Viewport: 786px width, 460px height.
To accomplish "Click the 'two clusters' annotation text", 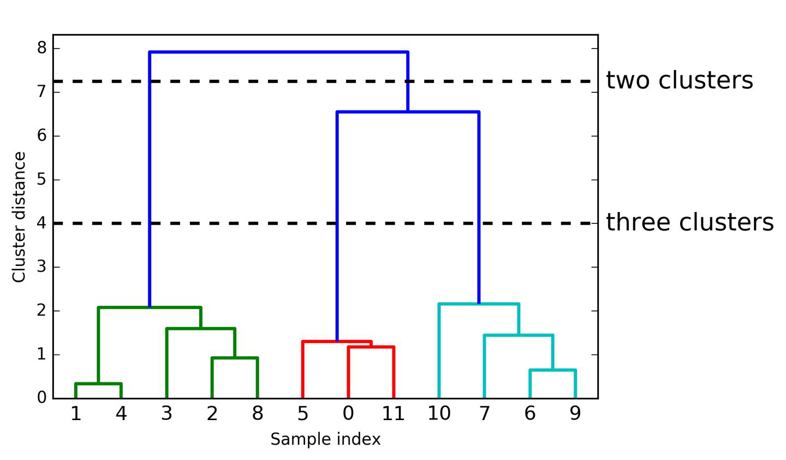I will [679, 80].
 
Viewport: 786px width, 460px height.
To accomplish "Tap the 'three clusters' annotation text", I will [689, 222].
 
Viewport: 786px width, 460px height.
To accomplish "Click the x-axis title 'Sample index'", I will [325, 439].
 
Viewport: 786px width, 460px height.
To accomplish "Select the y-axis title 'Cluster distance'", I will [19, 217].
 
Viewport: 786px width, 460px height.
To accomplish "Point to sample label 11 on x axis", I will [393, 414].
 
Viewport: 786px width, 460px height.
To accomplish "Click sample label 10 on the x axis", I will [439, 414].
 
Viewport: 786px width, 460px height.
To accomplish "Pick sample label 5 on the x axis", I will [302, 414].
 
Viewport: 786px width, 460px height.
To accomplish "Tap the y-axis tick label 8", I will [42, 48].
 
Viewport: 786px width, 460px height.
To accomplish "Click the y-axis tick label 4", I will [42, 223].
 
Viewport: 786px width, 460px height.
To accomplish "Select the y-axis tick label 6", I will [42, 135].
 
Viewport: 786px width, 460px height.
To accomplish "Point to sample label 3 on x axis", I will [166, 414].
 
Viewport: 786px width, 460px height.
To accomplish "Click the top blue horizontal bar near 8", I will [278, 52].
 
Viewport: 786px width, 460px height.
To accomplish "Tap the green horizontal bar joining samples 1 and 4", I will [98, 384].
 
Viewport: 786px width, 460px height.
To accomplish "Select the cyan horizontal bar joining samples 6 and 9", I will [552, 370].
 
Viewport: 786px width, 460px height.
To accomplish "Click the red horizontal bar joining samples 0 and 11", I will [371, 347].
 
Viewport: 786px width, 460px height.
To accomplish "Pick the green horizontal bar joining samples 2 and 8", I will [235, 358].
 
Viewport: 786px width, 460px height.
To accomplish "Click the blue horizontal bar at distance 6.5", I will [408, 112].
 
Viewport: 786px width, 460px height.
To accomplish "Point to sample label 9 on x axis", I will [575, 414].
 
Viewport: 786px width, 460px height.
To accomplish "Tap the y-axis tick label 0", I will [42, 398].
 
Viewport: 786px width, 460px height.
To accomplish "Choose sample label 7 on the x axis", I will [484, 414].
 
